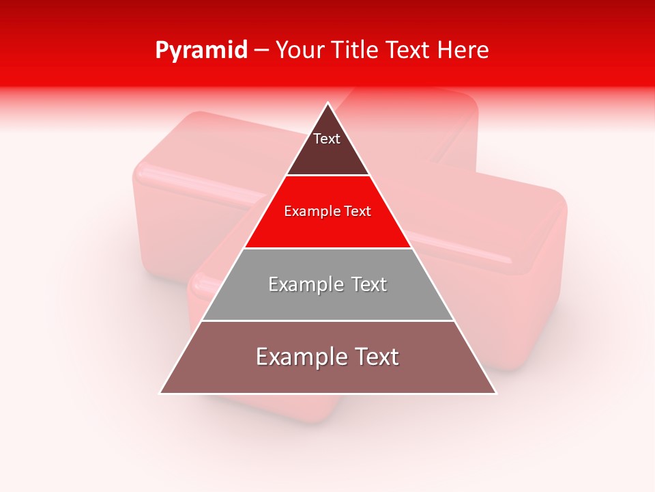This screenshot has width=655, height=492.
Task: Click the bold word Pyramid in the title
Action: click(x=201, y=51)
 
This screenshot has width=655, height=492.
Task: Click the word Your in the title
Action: click(x=299, y=51)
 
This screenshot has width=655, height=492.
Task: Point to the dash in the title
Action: click(x=261, y=51)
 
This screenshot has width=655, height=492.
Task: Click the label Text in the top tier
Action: click(x=327, y=139)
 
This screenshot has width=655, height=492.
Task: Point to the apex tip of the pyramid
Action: click(x=328, y=104)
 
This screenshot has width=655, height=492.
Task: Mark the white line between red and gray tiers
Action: click(x=327, y=248)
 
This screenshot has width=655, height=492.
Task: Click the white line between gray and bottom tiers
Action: click(x=327, y=320)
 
